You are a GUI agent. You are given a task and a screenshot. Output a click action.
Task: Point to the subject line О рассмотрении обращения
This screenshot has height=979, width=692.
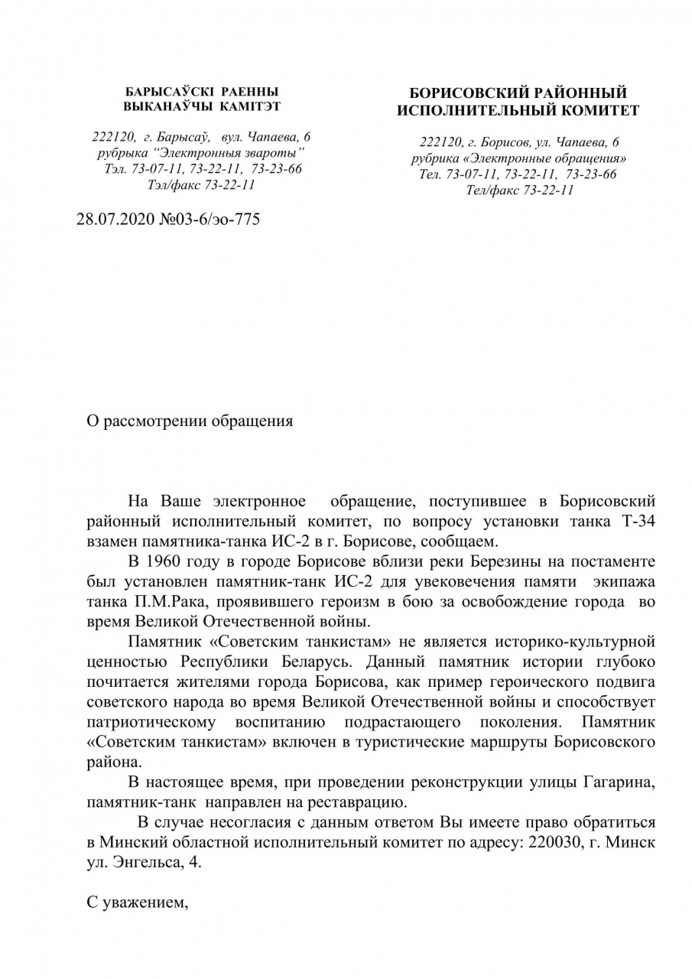(x=189, y=421)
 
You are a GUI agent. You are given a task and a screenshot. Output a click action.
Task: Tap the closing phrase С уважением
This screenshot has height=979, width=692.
(x=138, y=903)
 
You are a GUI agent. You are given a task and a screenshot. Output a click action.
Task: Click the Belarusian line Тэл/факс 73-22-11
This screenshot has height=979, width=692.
(x=202, y=184)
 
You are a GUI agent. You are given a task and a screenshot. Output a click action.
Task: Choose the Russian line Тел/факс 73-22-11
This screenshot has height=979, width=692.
(x=520, y=190)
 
